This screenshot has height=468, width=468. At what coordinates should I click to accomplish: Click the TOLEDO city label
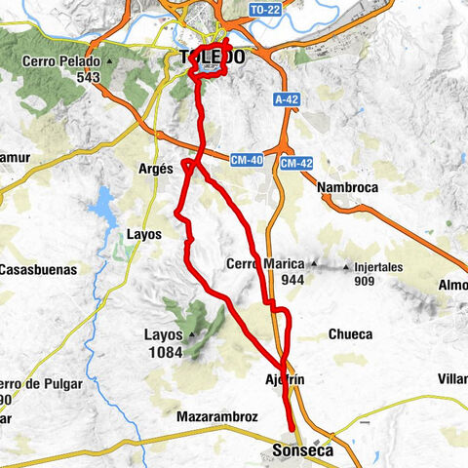click(212, 58)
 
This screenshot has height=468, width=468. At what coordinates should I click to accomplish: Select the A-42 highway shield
click(286, 98)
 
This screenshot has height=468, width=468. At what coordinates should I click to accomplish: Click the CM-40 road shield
click(248, 162)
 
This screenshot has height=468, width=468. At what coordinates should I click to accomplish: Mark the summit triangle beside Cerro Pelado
click(111, 60)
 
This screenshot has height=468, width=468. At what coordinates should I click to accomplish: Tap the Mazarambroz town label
click(216, 416)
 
